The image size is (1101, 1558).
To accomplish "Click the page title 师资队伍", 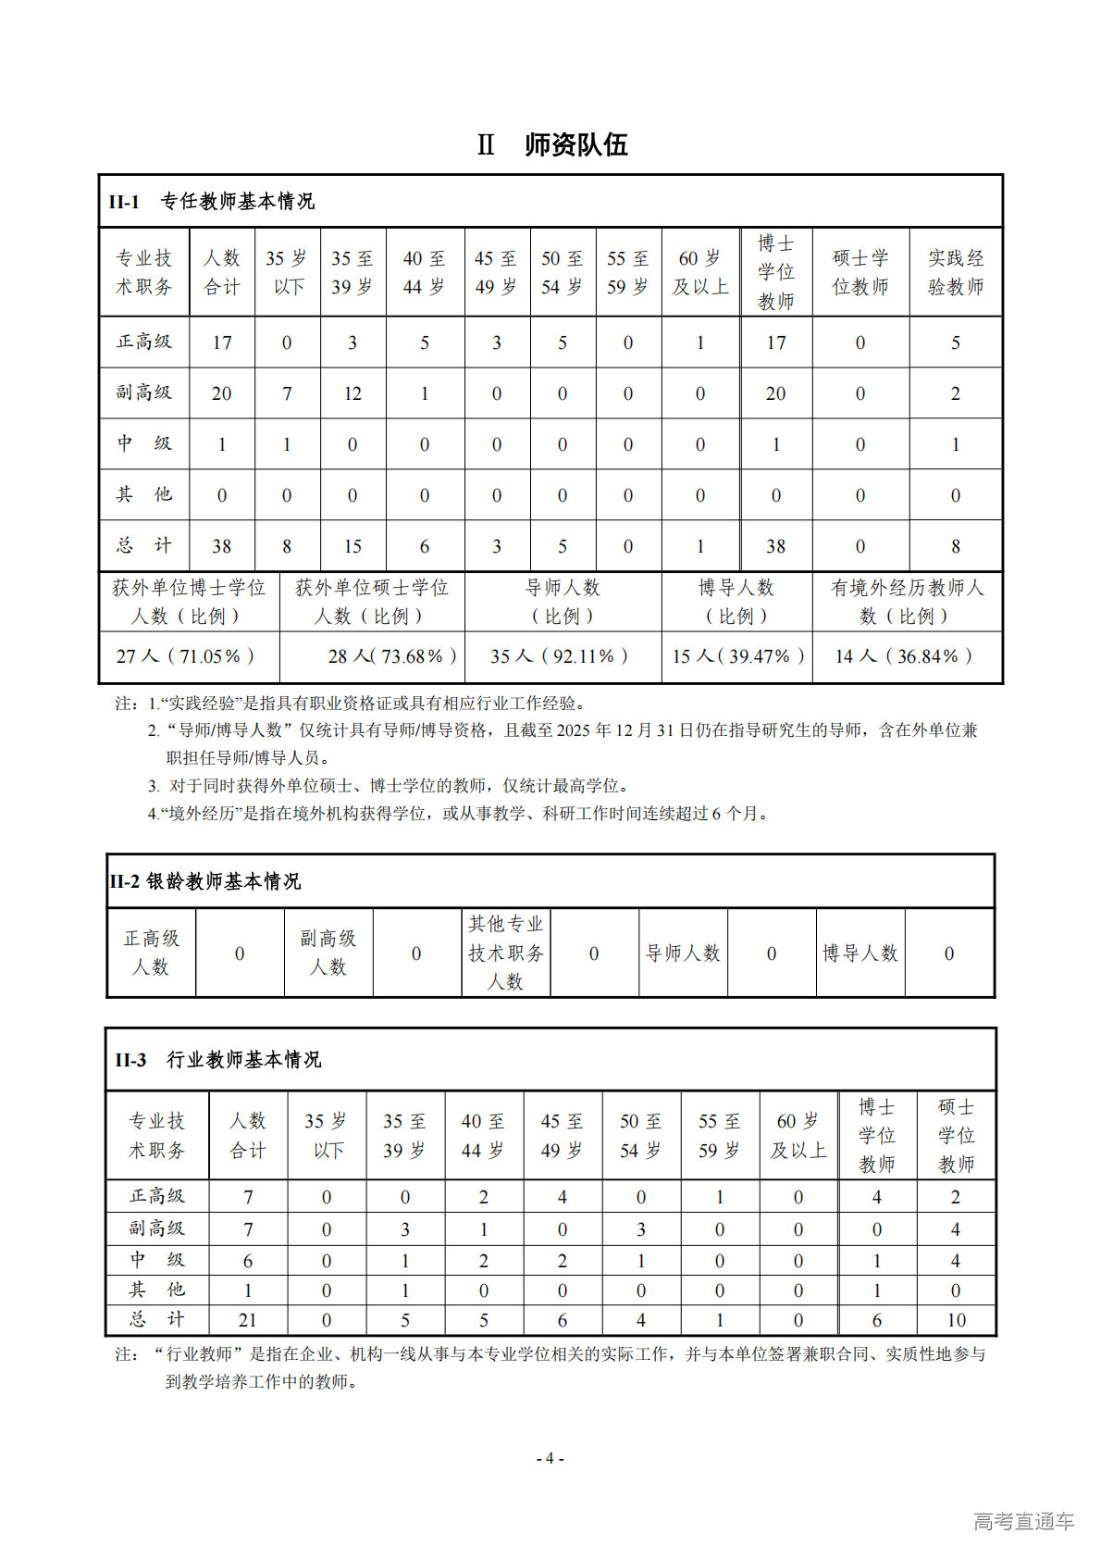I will [x=575, y=145].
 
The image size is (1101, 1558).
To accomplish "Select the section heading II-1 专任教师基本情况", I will [x=212, y=202].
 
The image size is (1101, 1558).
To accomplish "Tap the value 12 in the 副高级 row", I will [x=353, y=393].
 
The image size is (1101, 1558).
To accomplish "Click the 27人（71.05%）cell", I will [x=185, y=656].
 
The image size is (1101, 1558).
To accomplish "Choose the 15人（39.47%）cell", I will [x=737, y=656].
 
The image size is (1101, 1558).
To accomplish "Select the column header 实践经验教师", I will [x=956, y=272].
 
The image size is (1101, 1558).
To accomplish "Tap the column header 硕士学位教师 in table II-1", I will [x=860, y=272].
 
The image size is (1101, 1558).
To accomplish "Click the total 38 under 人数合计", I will [x=222, y=546].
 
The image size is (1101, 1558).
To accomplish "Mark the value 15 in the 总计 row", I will [x=353, y=546].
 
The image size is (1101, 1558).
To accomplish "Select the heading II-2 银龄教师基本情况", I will [x=205, y=881].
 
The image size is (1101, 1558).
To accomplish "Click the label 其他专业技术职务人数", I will [x=505, y=953].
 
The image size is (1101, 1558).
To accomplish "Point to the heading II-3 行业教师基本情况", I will [x=218, y=1060].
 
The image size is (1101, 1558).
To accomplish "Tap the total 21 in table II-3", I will [x=248, y=1320].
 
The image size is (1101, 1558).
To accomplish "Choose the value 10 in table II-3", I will [x=956, y=1320].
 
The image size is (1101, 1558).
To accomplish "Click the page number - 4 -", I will [x=550, y=1458].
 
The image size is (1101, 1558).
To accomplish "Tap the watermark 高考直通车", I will [x=1023, y=1520].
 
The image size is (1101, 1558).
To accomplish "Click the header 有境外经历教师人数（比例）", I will [x=907, y=602].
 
